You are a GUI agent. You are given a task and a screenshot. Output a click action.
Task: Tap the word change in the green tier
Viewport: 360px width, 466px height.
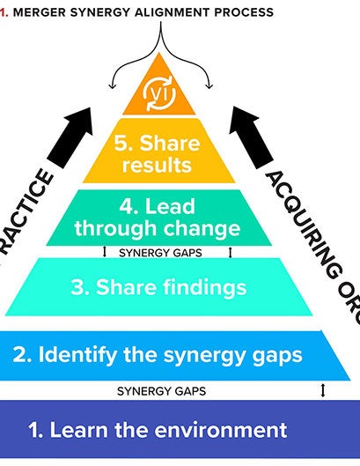pyautogui.click(x=208, y=229)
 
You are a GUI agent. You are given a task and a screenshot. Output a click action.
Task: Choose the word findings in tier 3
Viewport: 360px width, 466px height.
pyautogui.click(x=207, y=287)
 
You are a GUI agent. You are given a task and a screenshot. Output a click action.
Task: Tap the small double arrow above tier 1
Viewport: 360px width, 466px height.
pyautogui.click(x=323, y=389)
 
